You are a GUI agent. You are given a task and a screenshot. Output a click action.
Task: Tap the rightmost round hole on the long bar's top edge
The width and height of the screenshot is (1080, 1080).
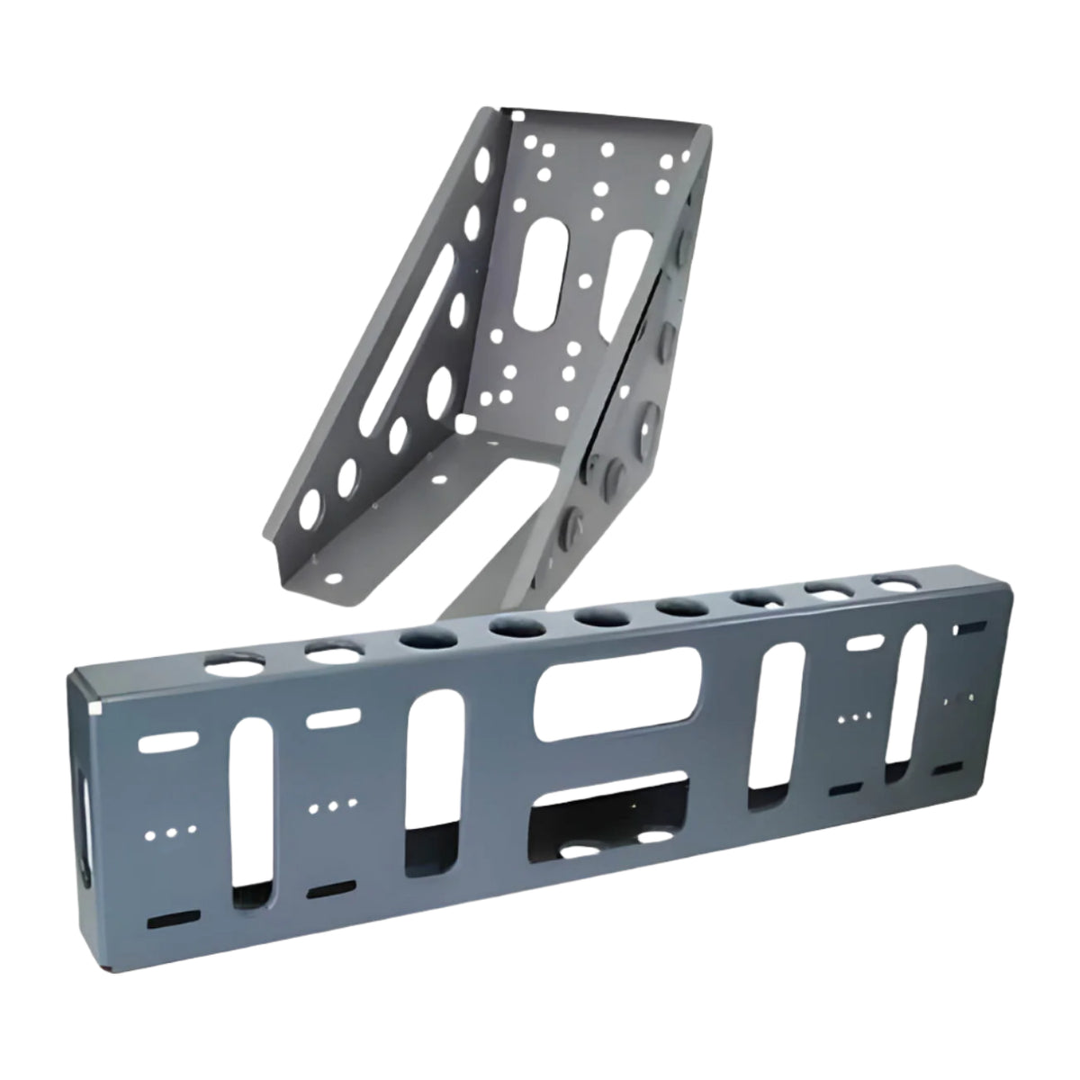click(x=896, y=584)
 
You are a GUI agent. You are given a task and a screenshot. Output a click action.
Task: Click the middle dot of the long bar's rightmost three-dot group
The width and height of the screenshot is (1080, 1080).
click(x=856, y=717)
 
